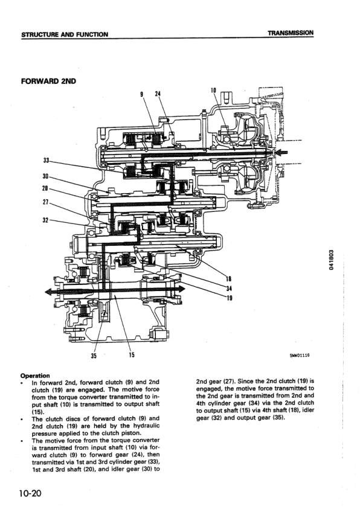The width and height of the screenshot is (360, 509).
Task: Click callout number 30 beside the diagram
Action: point(46,176)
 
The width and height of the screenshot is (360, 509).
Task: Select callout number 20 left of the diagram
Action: point(46,189)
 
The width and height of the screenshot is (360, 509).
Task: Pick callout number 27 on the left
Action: point(46,203)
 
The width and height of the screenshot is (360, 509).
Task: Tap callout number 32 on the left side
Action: point(46,220)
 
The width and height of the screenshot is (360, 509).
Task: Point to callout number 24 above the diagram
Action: point(158,94)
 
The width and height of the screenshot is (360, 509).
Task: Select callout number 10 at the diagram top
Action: point(213,91)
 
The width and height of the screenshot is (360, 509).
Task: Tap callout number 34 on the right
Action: point(229,288)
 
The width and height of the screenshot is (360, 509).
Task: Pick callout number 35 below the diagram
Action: point(94,356)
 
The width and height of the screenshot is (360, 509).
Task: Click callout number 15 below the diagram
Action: point(131,355)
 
